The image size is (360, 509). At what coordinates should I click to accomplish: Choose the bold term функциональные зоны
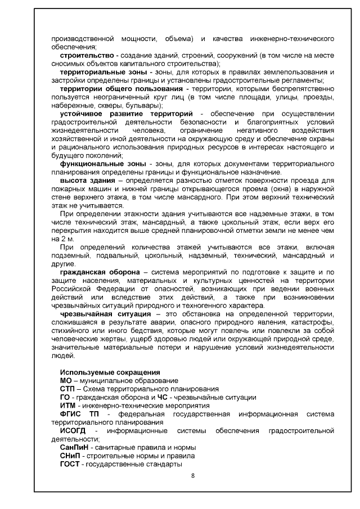tap(95, 163)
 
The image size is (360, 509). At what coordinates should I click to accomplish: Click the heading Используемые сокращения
tap(110, 372)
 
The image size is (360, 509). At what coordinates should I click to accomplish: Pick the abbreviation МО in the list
tap(66, 381)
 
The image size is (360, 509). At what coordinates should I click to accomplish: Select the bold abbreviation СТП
tap(67, 389)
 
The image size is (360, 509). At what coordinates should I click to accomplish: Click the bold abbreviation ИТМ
tap(68, 406)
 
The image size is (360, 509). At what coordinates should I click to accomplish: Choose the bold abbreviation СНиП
tap(70, 456)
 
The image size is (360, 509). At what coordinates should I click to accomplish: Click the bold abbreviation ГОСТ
tap(70, 464)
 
